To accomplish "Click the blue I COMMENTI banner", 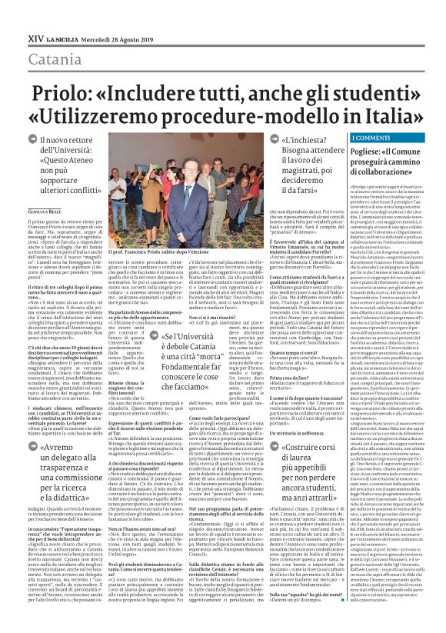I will (x=368, y=138).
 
